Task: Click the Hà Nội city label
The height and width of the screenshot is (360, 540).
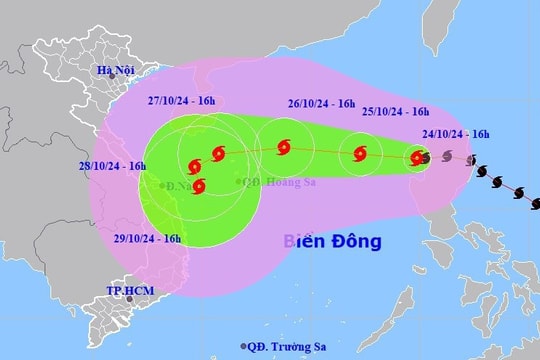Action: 115,69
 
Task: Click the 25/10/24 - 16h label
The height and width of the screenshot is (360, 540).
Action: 394,111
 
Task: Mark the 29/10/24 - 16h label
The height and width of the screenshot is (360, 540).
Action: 147,239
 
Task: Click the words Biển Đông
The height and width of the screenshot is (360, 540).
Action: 333,241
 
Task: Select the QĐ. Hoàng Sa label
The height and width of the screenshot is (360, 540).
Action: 269,181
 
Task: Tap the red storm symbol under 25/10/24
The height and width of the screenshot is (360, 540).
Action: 361,154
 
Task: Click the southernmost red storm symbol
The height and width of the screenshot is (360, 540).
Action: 199,186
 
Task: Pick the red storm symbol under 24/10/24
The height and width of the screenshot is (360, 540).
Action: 417,157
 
